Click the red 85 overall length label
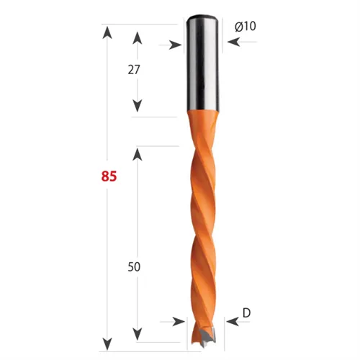click(109, 176)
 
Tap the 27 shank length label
click(134, 70)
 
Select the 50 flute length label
click(134, 266)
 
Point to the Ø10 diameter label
click(246, 26)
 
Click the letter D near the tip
click(246, 312)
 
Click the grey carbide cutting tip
click(206, 337)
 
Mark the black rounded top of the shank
click(203, 17)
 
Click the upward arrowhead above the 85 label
click(107, 32)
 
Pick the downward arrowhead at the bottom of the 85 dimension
click(107, 343)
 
